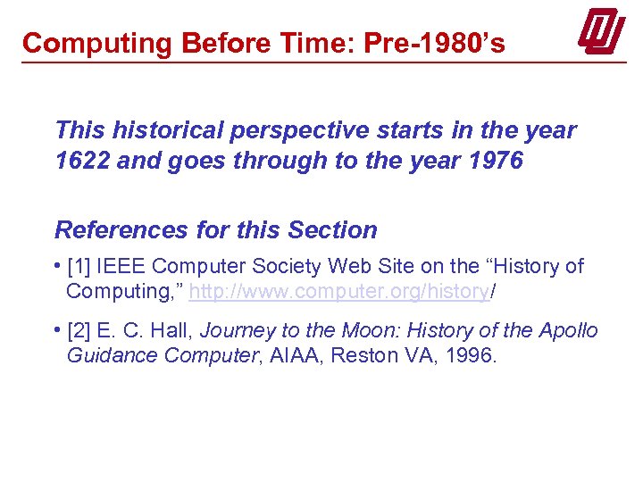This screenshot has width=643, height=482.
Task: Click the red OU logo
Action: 601,33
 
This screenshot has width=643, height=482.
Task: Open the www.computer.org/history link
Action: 338,291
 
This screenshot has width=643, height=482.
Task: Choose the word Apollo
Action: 568,330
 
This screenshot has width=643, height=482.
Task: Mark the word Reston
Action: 359,355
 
